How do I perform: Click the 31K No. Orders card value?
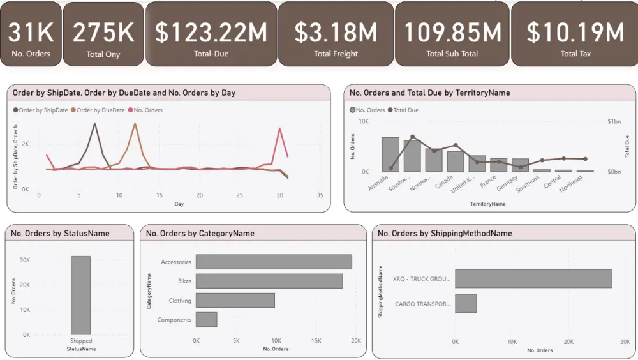tap(31, 32)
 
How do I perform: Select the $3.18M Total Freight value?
tap(336, 32)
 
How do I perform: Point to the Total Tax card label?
tap(575, 54)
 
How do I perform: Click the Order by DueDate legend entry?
tap(101, 110)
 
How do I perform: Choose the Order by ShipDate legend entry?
tap(43, 110)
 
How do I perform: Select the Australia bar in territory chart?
tap(390, 154)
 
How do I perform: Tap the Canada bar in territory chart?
tap(456, 161)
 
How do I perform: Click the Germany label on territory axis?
tap(507, 184)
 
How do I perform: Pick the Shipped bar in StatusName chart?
tap(80, 295)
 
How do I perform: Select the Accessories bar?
tap(274, 262)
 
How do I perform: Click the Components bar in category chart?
tap(206, 319)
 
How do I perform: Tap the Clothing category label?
tap(179, 301)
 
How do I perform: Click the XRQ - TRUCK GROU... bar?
tap(533, 278)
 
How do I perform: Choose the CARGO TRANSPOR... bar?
tap(466, 304)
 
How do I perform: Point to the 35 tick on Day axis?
tap(320, 195)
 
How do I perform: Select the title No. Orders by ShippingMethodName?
tap(445, 234)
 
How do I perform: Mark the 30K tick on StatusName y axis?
tap(25, 260)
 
